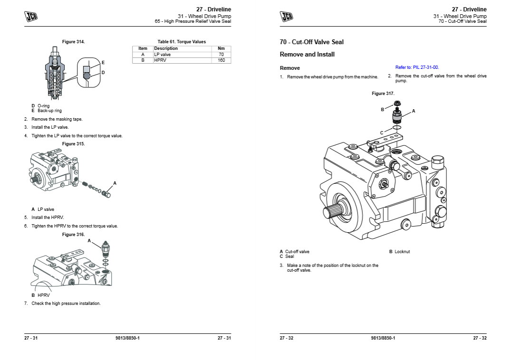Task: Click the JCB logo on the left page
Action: click(31, 16)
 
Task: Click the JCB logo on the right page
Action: click(287, 16)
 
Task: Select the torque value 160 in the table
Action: click(221, 60)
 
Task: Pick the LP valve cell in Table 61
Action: click(163, 55)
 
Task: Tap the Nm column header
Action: click(221, 48)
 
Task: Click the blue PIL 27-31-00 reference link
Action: click(417, 67)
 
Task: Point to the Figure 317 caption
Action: click(383, 94)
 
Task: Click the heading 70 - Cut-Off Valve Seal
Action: click(311, 42)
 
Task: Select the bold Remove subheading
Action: click(289, 68)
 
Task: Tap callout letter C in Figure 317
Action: click(381, 133)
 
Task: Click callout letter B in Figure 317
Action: click(382, 109)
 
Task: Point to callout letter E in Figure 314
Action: click(103, 62)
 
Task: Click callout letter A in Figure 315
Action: click(115, 183)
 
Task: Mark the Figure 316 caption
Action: click(73, 235)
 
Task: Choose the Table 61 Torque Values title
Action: click(182, 42)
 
